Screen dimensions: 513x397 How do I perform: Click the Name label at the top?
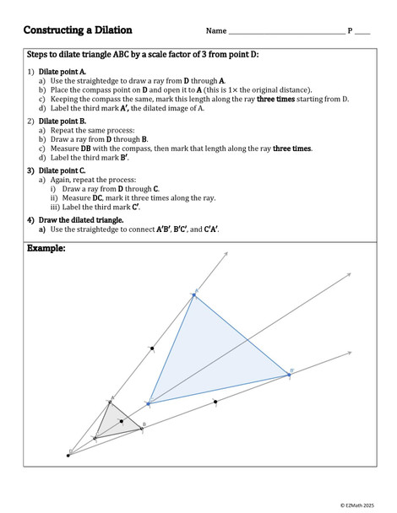coord(216,31)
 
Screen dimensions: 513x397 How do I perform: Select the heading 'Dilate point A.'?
coord(63,72)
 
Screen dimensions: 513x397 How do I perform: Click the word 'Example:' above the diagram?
coord(46,249)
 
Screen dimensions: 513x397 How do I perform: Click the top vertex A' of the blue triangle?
coord(193,294)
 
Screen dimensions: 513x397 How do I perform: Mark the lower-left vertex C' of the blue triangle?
coord(149,403)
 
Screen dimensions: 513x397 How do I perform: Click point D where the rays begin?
coord(68,455)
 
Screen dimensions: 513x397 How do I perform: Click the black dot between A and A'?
coord(152,348)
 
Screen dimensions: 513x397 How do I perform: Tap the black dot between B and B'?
coord(215,402)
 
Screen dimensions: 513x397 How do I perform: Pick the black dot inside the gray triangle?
coord(122,420)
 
